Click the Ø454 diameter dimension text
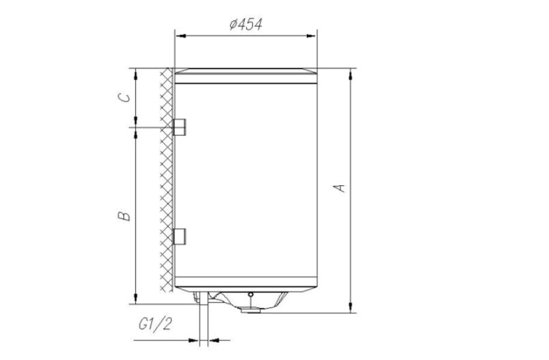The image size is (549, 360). coord(245,25)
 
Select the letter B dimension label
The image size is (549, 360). coord(123,217)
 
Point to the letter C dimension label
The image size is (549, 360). coord(124,97)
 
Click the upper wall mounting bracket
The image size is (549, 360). coord(180,127)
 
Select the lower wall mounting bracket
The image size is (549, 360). coord(180,236)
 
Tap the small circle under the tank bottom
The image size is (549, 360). coord(251,296)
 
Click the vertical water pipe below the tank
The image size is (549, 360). coord(202,321)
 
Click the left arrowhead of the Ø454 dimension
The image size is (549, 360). coord(179,34)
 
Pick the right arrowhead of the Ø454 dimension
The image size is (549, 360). coord(313,34)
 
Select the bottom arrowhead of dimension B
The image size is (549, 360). coord(135,299)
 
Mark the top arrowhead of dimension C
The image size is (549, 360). coord(135,72)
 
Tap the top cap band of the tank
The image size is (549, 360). coord(246,76)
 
